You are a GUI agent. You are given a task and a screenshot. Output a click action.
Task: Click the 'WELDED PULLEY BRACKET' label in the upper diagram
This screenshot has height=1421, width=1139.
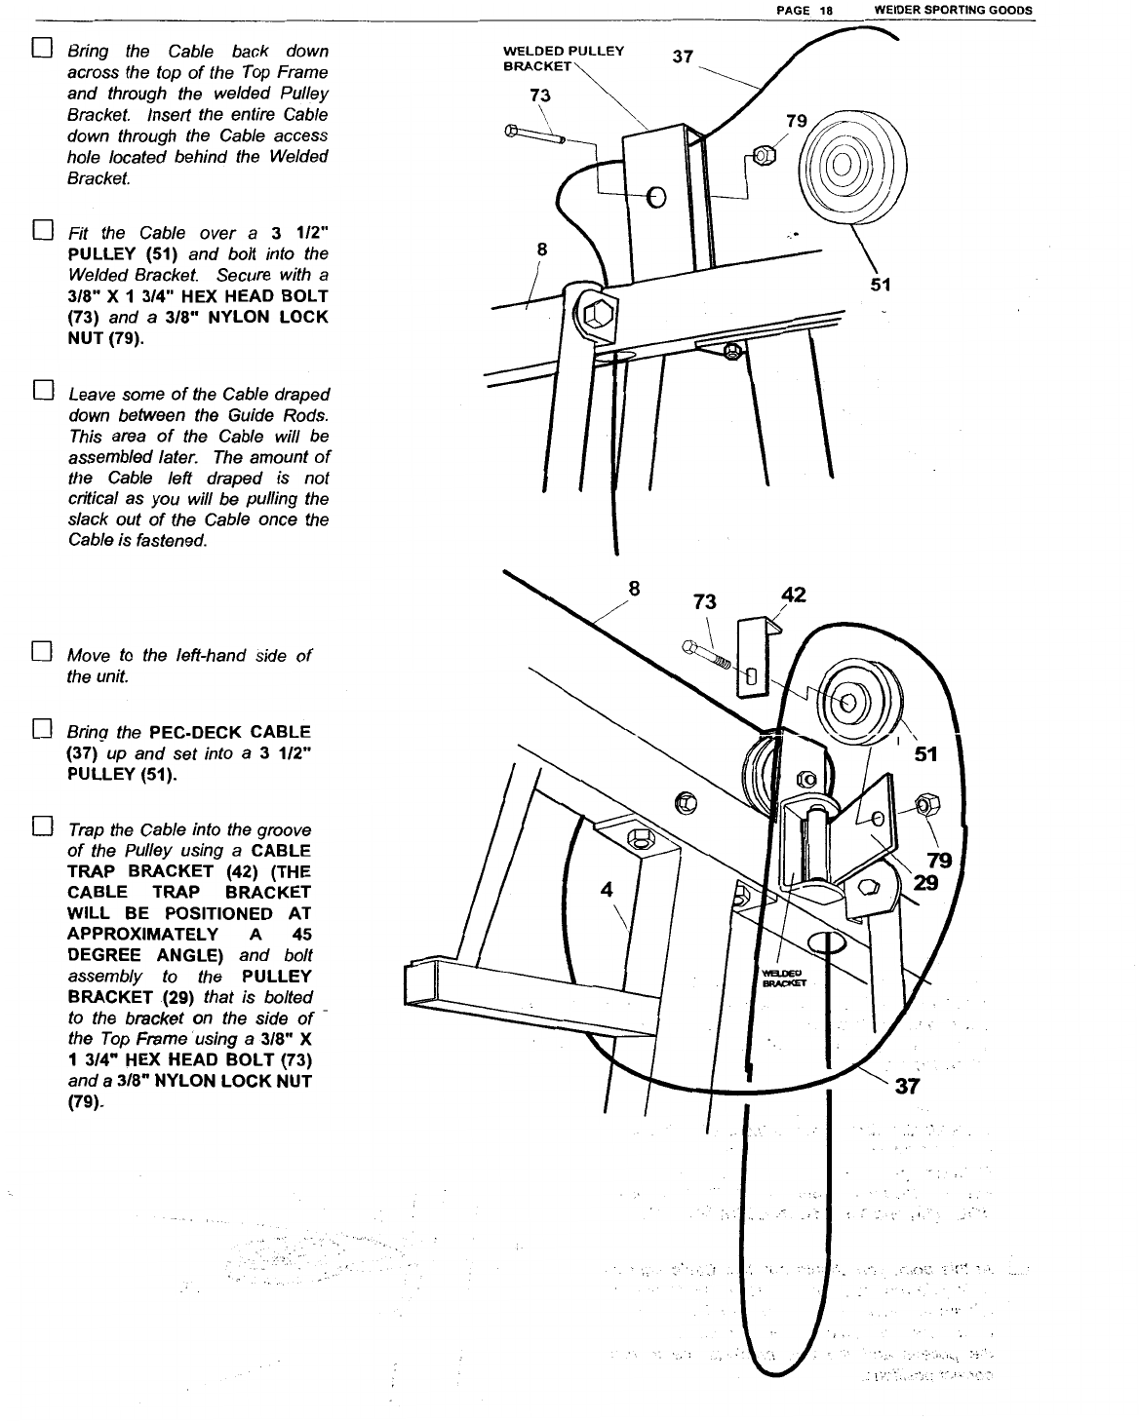pos(563,58)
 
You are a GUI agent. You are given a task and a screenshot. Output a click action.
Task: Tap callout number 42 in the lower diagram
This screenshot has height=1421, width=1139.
pos(794,595)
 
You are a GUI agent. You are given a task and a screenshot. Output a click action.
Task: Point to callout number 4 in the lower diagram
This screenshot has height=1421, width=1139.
pos(608,889)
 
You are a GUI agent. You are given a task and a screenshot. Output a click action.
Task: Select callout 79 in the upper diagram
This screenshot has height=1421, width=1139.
pos(797,121)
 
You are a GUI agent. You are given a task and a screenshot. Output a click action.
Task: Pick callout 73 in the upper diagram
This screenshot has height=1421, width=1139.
pos(539,95)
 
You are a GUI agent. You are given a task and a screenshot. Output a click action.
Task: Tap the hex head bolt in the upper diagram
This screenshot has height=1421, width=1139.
pos(534,134)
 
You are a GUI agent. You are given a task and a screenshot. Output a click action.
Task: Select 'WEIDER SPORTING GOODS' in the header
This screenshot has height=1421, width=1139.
pos(954,10)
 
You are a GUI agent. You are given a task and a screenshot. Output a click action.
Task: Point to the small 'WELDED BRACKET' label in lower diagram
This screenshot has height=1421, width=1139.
pos(779,978)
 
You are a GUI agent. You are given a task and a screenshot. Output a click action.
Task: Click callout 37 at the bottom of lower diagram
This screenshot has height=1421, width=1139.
pos(907,1087)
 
